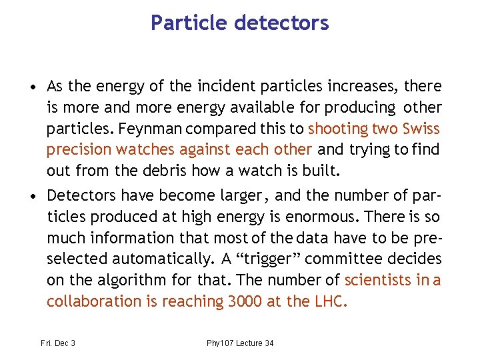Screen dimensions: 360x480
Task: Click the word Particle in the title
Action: click(x=189, y=23)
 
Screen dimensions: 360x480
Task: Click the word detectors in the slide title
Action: click(x=282, y=23)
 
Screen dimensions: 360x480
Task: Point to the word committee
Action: click(x=341, y=259)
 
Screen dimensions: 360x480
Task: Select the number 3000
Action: click(x=245, y=301)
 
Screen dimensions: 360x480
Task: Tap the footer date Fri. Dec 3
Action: click(x=57, y=343)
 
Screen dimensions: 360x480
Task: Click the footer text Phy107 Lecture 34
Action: click(x=240, y=343)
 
